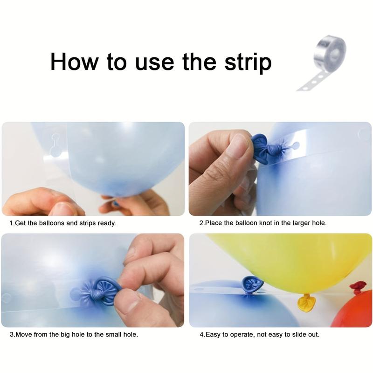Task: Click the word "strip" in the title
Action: (x=248, y=62)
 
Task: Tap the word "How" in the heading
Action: (x=74, y=62)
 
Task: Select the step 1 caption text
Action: (x=63, y=223)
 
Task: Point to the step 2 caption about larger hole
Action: (x=263, y=223)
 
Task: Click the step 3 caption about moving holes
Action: (x=74, y=334)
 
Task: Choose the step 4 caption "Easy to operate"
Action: (x=260, y=335)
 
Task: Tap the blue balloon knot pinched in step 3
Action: (x=102, y=290)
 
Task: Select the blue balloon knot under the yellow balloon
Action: (x=252, y=285)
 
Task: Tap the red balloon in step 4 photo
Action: (x=352, y=309)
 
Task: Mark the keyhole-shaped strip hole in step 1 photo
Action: (x=56, y=145)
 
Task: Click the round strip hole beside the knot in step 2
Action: (x=296, y=145)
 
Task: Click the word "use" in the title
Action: (x=154, y=63)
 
